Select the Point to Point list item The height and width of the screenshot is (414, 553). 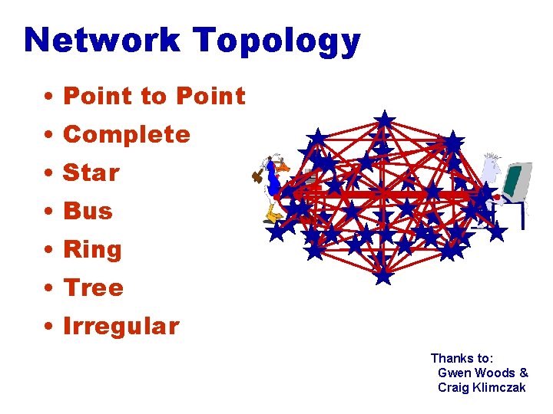coord(154,97)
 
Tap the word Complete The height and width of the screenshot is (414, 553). coord(127,135)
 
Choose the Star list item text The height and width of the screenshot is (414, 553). coord(91,173)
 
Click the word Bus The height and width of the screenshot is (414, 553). coord(88,212)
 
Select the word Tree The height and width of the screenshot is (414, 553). coord(93,288)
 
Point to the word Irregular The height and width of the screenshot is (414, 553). coord(121,327)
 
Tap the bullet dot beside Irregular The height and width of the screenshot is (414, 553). coord(48,327)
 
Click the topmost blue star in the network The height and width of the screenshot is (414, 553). coord(384,120)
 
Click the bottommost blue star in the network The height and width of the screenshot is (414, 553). coord(383,274)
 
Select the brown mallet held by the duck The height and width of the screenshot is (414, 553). coord(257,176)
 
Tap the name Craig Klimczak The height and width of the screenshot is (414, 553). coord(482,387)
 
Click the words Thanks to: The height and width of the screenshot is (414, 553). coord(462,358)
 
